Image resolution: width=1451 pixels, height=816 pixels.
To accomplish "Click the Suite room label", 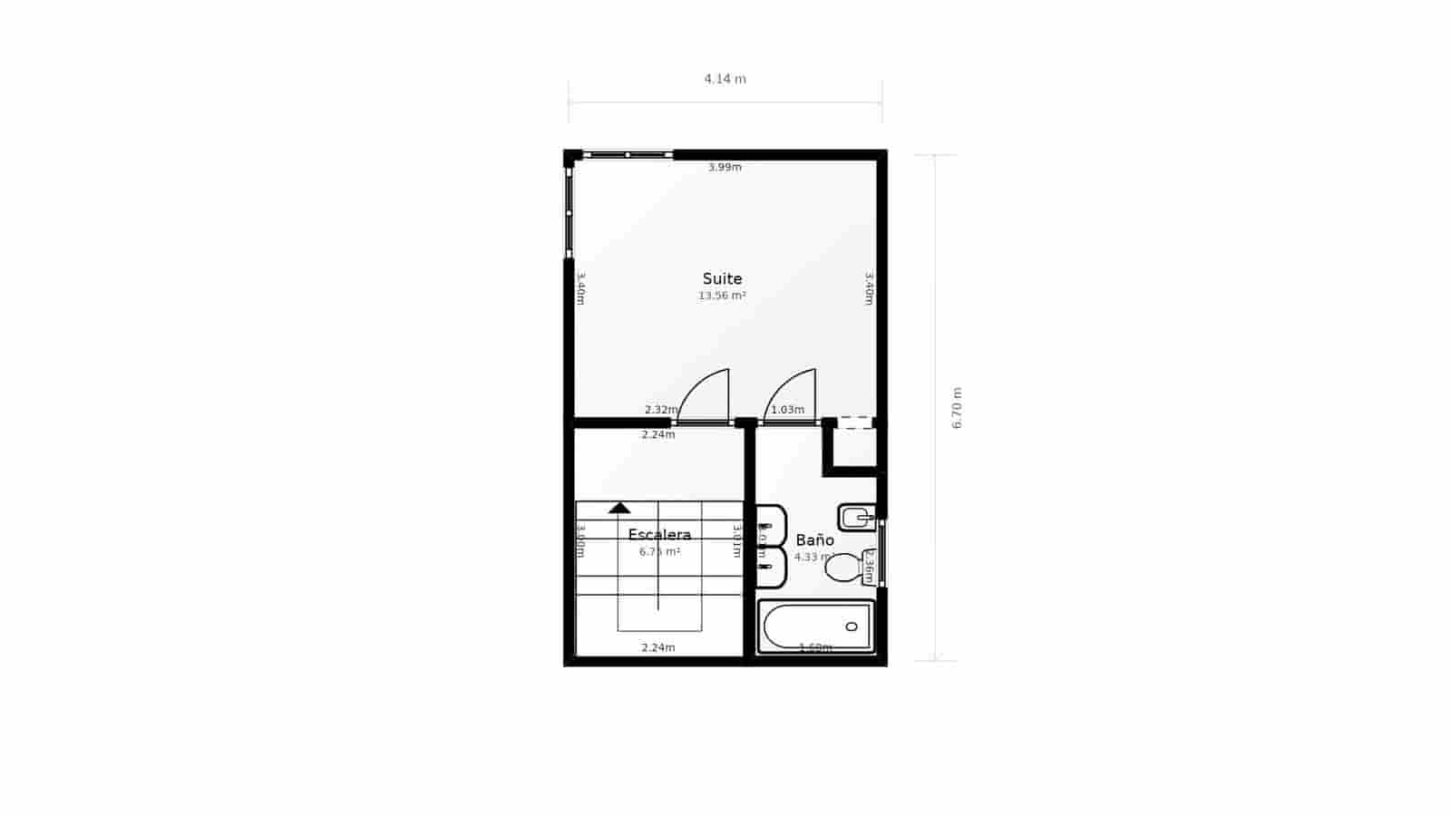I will (x=722, y=279).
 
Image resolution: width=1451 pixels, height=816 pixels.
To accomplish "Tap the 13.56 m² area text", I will (x=722, y=296).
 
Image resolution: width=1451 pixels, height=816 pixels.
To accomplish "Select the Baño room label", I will (x=814, y=540).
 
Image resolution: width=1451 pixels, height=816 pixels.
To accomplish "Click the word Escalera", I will (x=659, y=535).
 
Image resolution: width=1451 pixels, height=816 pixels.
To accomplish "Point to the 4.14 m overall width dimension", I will (x=725, y=79).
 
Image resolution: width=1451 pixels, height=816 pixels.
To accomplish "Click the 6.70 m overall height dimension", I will (x=957, y=408).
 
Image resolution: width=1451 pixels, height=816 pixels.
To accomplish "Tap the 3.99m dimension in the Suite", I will (x=725, y=167).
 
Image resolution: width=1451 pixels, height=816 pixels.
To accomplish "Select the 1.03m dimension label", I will (x=787, y=410).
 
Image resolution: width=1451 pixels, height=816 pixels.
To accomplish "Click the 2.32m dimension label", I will (x=660, y=410).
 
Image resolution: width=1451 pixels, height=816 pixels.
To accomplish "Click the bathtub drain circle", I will (x=851, y=627).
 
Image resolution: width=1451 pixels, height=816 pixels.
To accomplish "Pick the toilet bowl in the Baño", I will (x=842, y=568).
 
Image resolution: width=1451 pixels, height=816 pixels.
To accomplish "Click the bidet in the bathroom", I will (x=855, y=518).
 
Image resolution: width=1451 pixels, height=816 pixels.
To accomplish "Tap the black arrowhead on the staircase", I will (x=619, y=508).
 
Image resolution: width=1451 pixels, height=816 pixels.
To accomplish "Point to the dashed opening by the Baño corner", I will (x=854, y=423).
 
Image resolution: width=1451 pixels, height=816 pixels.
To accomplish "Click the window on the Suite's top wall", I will (x=627, y=155).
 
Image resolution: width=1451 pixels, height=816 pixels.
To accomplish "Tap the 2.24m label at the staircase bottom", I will (x=658, y=647).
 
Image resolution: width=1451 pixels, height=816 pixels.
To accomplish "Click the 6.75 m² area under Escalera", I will (x=659, y=551).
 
